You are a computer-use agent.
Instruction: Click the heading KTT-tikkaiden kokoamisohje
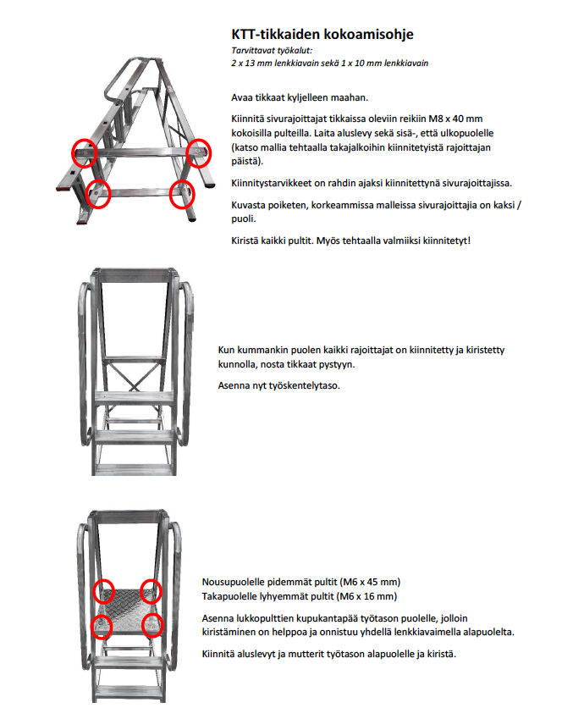322,35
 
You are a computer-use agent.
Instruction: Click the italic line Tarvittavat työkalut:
267,51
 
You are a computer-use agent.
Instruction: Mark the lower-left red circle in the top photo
99,193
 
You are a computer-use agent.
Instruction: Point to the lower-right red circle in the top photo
183,193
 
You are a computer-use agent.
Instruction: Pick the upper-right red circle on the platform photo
151,590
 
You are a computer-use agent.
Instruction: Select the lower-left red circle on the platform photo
102,626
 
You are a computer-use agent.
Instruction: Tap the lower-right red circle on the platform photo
153,625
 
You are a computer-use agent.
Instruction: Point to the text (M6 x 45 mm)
369,582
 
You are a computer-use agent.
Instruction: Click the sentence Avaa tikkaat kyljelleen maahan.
299,97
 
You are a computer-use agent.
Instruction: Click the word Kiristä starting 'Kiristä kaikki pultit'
246,241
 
